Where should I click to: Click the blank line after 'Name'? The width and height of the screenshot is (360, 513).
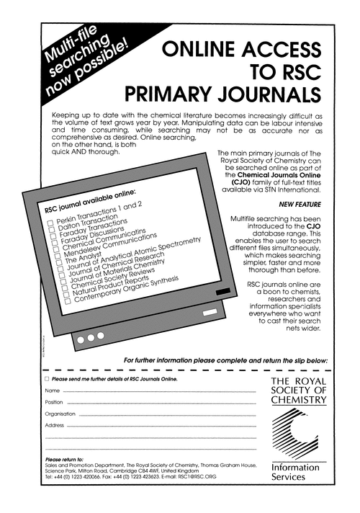[x=158, y=391]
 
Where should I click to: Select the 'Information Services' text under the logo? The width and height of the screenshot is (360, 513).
[x=294, y=473]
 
